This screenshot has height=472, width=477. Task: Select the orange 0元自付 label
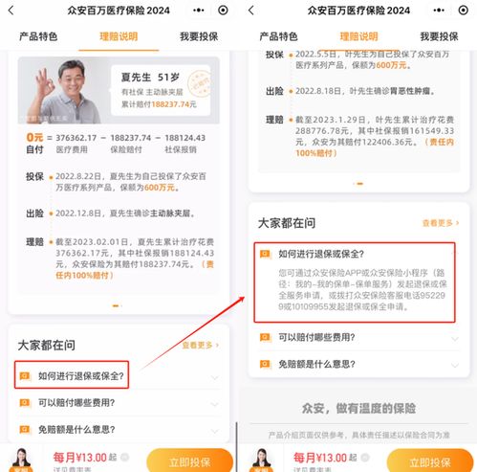point(35,143)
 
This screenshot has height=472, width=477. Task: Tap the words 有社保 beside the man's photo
point(128,92)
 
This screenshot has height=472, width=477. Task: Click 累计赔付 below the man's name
point(133,106)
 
